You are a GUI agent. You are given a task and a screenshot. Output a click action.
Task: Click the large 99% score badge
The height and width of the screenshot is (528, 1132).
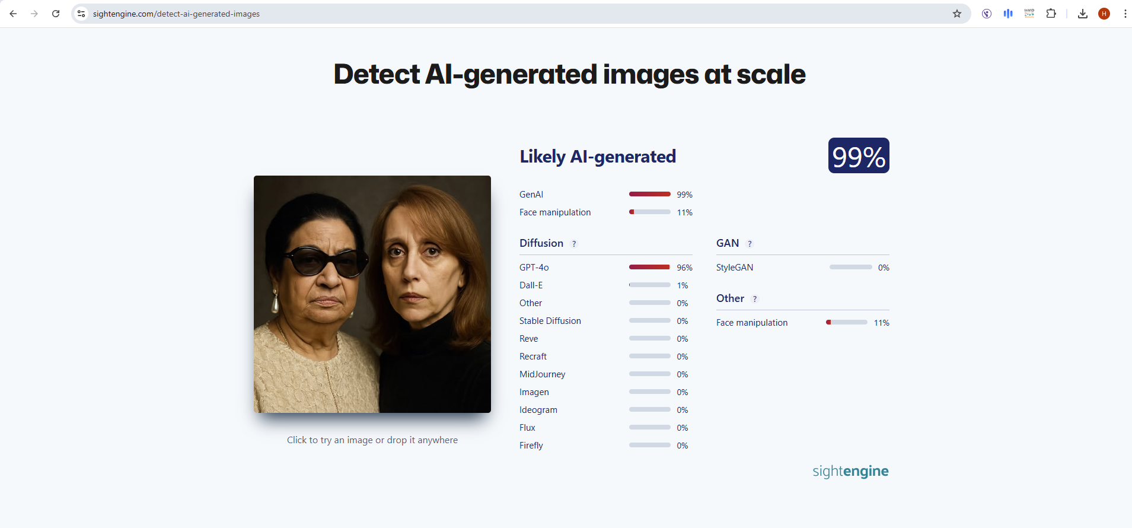[858, 156]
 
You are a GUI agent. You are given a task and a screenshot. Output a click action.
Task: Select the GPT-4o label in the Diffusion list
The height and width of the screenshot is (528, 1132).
[534, 268]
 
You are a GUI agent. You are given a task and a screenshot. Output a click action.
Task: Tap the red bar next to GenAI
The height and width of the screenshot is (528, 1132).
[649, 195]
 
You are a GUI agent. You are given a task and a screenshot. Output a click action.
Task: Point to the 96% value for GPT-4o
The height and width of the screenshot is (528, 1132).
[684, 268]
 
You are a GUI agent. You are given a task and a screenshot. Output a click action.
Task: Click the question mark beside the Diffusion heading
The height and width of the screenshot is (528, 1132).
[573, 244]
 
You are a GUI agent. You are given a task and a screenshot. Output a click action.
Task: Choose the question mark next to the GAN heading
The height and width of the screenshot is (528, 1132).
[750, 244]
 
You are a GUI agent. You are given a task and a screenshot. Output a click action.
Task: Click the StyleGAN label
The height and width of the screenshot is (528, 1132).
[734, 268]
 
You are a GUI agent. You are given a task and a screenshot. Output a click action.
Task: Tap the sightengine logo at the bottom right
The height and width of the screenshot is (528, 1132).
[850, 471]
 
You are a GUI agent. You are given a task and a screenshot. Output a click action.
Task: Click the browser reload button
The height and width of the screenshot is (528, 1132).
[56, 14]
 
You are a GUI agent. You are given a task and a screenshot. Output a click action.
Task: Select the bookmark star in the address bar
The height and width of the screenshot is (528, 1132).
[956, 14]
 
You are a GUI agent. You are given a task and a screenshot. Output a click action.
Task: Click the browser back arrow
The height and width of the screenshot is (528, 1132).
[13, 14]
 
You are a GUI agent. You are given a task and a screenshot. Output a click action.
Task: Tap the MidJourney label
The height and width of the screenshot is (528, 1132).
[542, 374]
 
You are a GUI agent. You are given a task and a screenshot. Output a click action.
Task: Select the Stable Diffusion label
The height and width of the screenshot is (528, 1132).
[550, 321]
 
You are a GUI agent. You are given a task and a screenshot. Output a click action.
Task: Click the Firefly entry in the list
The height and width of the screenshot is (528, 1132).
[531, 446]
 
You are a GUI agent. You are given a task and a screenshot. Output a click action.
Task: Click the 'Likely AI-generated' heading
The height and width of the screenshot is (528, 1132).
[597, 157]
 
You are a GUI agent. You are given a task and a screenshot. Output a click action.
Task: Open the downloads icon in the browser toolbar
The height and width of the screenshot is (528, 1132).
[1082, 14]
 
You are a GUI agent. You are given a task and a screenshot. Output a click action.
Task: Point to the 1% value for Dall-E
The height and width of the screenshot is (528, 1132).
[683, 285]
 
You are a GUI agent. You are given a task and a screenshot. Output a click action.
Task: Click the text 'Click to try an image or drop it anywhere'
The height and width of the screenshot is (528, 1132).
[372, 440]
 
